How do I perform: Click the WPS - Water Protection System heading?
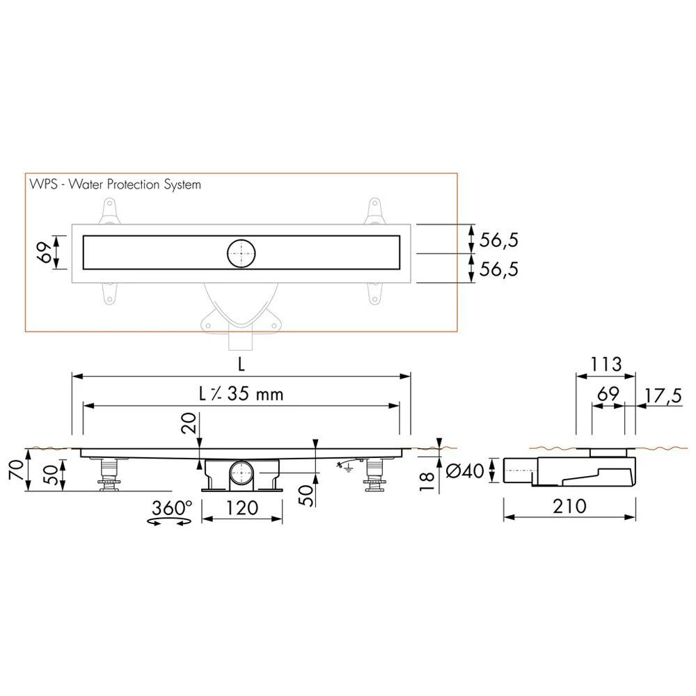click(116, 184)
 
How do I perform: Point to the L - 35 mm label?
click(241, 394)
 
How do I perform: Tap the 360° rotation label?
click(172, 507)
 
